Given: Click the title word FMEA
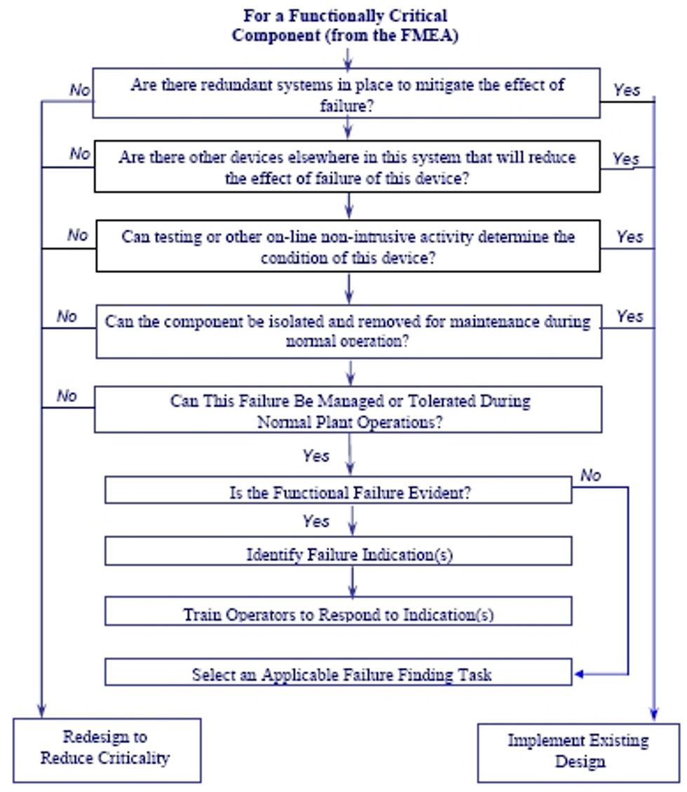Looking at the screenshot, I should (433, 35).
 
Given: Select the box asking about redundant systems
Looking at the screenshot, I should (347, 93).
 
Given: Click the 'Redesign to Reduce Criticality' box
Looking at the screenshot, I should (107, 749).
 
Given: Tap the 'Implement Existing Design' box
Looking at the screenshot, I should (578, 752).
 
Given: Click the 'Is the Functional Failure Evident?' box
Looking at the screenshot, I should (339, 491).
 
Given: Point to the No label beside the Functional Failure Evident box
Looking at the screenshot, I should (590, 475).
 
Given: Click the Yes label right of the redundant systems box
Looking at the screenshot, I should (627, 90).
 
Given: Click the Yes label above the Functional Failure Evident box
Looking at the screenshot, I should (315, 456).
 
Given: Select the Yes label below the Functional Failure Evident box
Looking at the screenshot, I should (315, 521).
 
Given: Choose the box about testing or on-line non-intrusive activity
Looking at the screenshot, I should (348, 246).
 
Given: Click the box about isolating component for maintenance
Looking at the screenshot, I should (348, 331).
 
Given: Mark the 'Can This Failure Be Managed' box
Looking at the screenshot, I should (348, 410).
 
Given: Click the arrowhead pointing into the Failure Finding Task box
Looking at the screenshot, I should (578, 675).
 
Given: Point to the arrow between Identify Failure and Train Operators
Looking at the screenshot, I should (352, 581).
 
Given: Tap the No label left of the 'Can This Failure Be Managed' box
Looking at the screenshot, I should (67, 396).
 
